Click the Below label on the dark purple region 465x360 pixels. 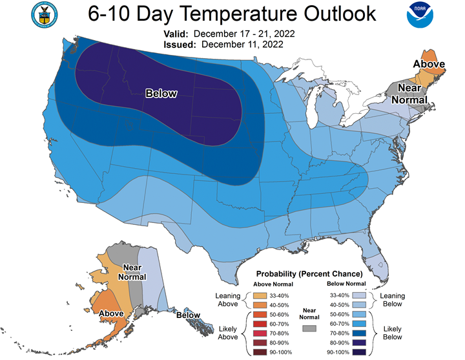161,94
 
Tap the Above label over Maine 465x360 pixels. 429,64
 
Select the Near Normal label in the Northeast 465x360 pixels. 413,94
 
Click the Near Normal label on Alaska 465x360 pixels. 132,271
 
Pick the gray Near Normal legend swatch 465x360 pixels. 311,328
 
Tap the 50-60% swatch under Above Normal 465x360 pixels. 254,313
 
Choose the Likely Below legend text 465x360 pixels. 393,332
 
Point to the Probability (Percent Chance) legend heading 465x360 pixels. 309,274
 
